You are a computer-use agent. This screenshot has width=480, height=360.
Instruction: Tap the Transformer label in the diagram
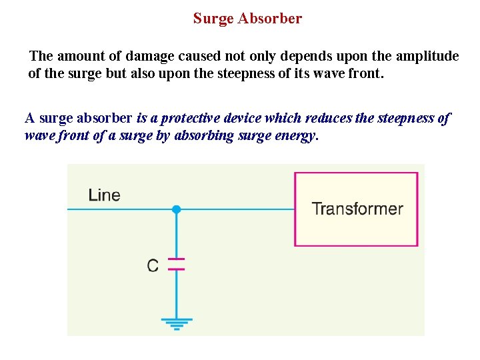tap(357, 209)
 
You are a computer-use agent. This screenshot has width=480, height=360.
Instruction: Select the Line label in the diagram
tap(104, 195)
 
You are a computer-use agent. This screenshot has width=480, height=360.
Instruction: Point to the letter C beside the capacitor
tap(153, 266)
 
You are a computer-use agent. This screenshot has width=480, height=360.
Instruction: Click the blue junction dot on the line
tap(176, 209)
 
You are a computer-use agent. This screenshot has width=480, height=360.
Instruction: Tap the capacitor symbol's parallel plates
tap(176, 264)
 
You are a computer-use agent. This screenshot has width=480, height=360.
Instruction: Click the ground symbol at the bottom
tap(176, 325)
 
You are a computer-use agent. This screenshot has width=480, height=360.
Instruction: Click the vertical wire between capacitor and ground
tap(176, 293)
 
